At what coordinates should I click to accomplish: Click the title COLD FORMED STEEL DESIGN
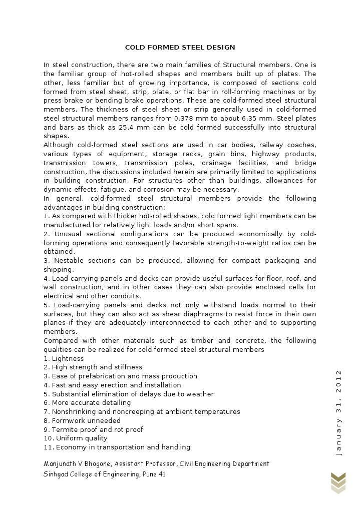coord(180,48)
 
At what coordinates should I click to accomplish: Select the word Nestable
coord(69,261)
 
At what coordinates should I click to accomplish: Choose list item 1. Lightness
coord(64,359)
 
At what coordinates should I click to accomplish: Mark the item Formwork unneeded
coord(82,421)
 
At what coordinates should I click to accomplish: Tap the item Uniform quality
coord(76,438)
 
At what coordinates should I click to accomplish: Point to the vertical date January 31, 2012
coord(338,412)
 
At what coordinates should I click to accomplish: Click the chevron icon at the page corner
coord(338,482)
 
